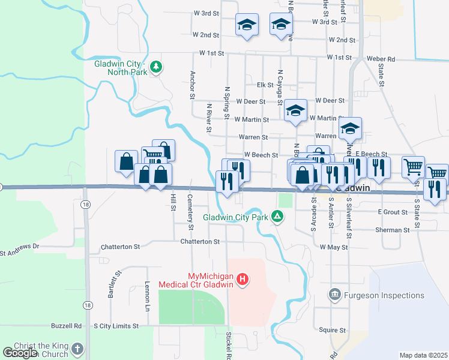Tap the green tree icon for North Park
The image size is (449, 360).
[x=156, y=66]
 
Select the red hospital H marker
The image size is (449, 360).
[x=242, y=279]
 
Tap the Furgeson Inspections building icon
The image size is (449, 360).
[x=335, y=295]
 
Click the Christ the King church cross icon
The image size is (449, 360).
[x=77, y=349]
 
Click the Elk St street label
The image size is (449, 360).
[x=265, y=85]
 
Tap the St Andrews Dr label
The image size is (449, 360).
[x=19, y=246]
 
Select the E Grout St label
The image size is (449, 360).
[x=393, y=212]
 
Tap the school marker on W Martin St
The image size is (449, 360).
[x=295, y=111]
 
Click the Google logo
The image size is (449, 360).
[x=20, y=353]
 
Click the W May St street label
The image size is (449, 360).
[x=334, y=247]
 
